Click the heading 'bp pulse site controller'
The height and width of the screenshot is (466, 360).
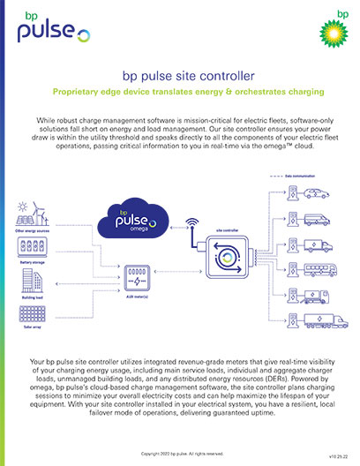coord(180,77)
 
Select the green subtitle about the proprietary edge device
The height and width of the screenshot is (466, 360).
coord(180,94)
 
